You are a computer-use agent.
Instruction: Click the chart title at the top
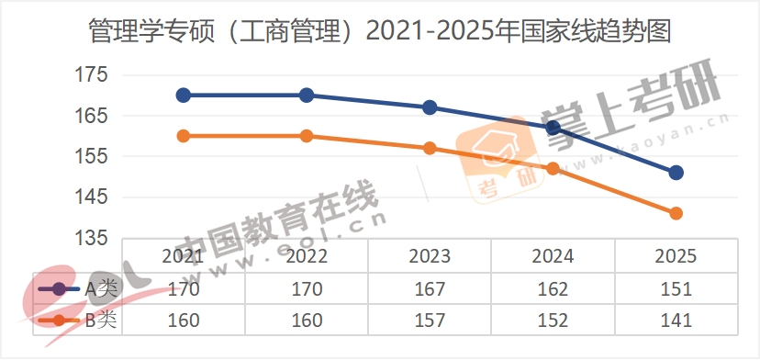pos(380,32)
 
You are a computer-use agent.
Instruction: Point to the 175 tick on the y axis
pos(91,74)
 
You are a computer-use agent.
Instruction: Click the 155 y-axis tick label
pos(91,156)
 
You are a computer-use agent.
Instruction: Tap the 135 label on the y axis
pos(91,238)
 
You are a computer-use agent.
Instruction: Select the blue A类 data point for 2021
pos(184,95)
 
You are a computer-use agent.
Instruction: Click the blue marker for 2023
pos(430,107)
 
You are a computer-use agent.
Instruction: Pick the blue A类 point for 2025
pos(676,173)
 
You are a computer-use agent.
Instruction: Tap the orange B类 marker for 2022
pos(307,136)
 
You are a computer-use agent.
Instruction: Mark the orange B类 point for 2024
pos(553,168)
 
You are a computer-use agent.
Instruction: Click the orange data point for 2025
pos(676,213)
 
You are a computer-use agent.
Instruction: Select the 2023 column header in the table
pos(430,256)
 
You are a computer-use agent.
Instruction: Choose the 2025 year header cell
pos(676,256)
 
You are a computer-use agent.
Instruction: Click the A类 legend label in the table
pos(102,288)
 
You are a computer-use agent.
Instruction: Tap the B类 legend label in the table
pos(102,321)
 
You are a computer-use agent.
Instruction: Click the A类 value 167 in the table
pos(430,288)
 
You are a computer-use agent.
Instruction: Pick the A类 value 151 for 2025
pos(676,288)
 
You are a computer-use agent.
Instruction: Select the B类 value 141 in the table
pos(676,321)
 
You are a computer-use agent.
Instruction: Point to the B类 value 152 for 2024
pos(553,321)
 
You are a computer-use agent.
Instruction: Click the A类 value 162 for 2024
pos(553,288)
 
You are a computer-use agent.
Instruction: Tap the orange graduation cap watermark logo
pos(501,152)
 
